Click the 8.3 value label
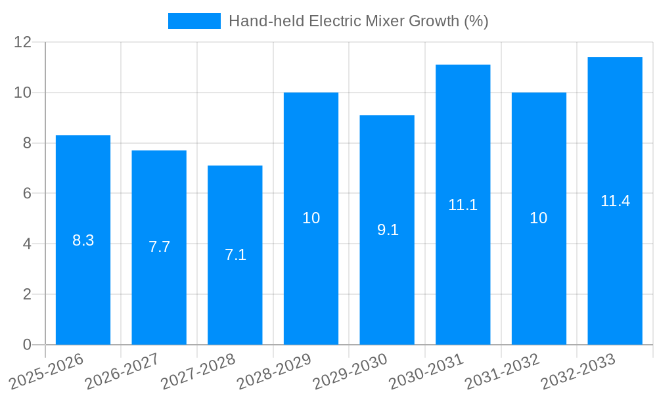pyautogui.click(x=83, y=240)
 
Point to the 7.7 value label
pyautogui.click(x=159, y=247)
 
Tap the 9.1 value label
pyautogui.click(x=388, y=230)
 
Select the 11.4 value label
pyautogui.click(x=615, y=201)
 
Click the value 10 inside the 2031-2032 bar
pyautogui.click(x=539, y=218)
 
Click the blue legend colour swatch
pyautogui.click(x=194, y=21)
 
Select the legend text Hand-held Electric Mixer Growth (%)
pyautogui.click(x=358, y=21)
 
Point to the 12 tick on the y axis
pyautogui.click(x=23, y=42)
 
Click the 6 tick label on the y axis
pyautogui.click(x=27, y=193)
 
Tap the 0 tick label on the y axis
pyautogui.click(x=27, y=344)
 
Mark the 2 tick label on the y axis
pyautogui.click(x=27, y=294)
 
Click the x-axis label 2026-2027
pyautogui.click(x=122, y=372)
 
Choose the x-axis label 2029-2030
pyautogui.click(x=350, y=372)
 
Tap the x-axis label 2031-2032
pyautogui.click(x=502, y=372)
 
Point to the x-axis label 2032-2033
pyautogui.click(x=578, y=372)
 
